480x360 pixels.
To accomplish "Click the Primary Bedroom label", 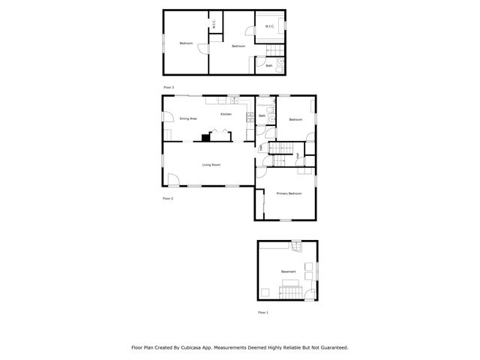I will [x=289, y=193].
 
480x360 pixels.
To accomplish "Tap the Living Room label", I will [x=211, y=164].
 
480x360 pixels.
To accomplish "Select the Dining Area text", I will [x=187, y=118].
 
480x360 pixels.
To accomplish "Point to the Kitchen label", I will [x=226, y=114].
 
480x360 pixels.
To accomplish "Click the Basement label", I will [x=288, y=271].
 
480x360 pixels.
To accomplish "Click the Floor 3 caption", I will [x=169, y=88].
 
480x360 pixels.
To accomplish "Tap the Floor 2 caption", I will [x=168, y=199].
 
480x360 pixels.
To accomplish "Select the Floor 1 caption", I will [x=262, y=312].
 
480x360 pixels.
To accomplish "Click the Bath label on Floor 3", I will [x=269, y=66].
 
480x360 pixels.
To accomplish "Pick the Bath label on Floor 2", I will [x=262, y=115].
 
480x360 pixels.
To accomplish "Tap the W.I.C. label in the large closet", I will [x=270, y=28].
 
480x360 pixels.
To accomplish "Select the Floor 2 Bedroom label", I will [x=295, y=119].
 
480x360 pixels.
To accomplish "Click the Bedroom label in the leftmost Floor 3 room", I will [x=186, y=43].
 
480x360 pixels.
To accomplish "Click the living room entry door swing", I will [x=172, y=180].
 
